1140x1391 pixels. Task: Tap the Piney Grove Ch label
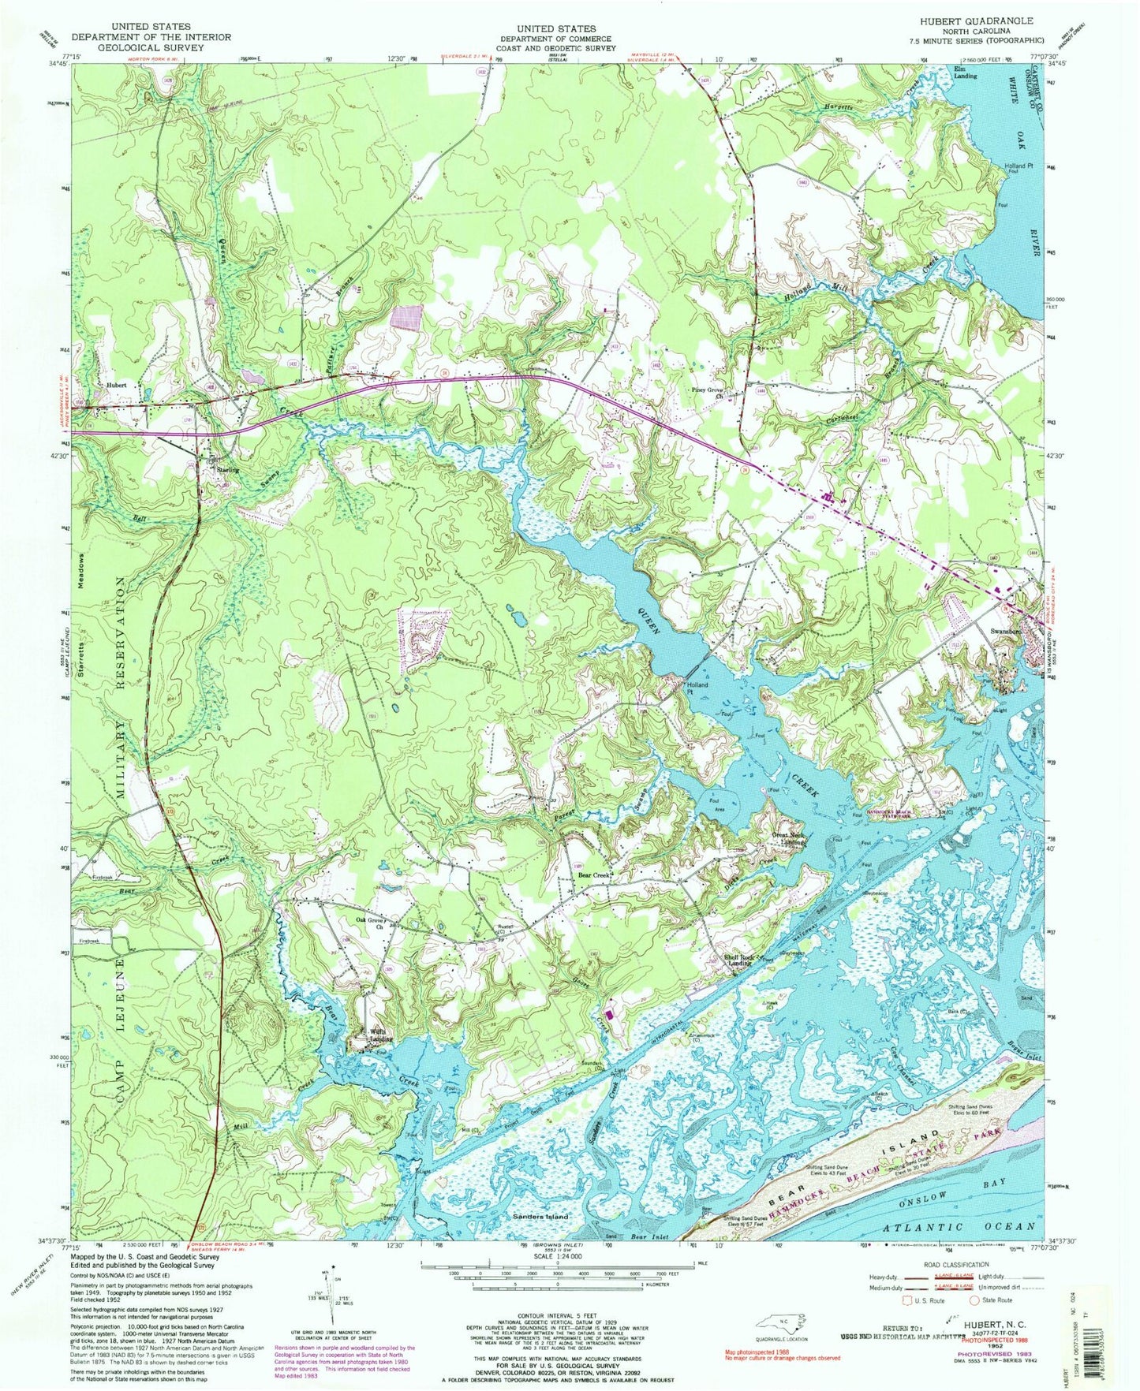pyautogui.click(x=708, y=392)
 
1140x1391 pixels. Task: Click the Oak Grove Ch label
pyautogui.click(x=370, y=923)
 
